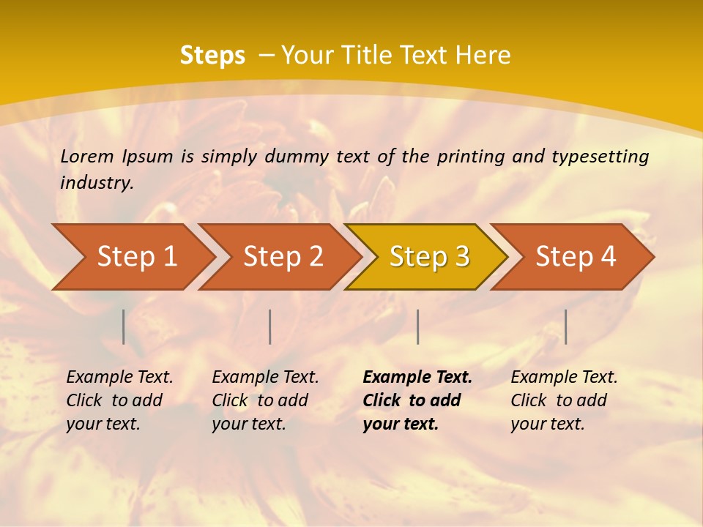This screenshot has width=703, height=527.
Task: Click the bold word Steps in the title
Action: pyautogui.click(x=212, y=56)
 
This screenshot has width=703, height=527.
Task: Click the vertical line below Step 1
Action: pyautogui.click(x=124, y=326)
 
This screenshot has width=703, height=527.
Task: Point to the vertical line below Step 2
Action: pyautogui.click(x=270, y=326)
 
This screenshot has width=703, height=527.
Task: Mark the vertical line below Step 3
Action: pyautogui.click(x=417, y=326)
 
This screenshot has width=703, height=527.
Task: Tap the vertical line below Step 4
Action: pyautogui.click(x=565, y=326)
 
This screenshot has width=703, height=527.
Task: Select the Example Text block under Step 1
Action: pyautogui.click(x=119, y=400)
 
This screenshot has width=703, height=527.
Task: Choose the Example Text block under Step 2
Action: pyautogui.click(x=265, y=400)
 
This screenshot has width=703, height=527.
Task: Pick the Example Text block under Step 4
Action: pyautogui.click(x=564, y=400)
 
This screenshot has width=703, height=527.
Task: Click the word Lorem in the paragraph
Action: pyautogui.click(x=87, y=156)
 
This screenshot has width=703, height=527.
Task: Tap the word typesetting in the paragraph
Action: pyautogui.click(x=600, y=157)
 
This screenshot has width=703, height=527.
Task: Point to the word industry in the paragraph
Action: pyautogui.click(x=96, y=183)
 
